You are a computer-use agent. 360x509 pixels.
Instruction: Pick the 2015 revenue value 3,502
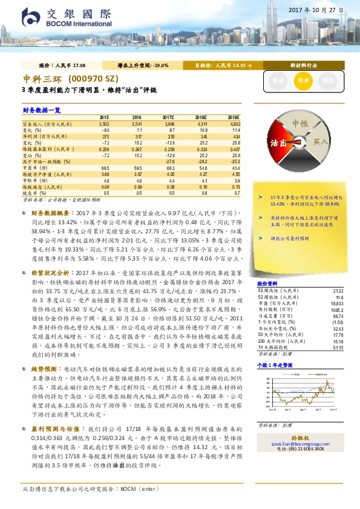[x=103, y=123]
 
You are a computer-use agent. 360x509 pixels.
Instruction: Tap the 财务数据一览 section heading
[x=42, y=110]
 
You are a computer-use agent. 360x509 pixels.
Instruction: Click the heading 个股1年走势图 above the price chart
[x=275, y=366]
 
